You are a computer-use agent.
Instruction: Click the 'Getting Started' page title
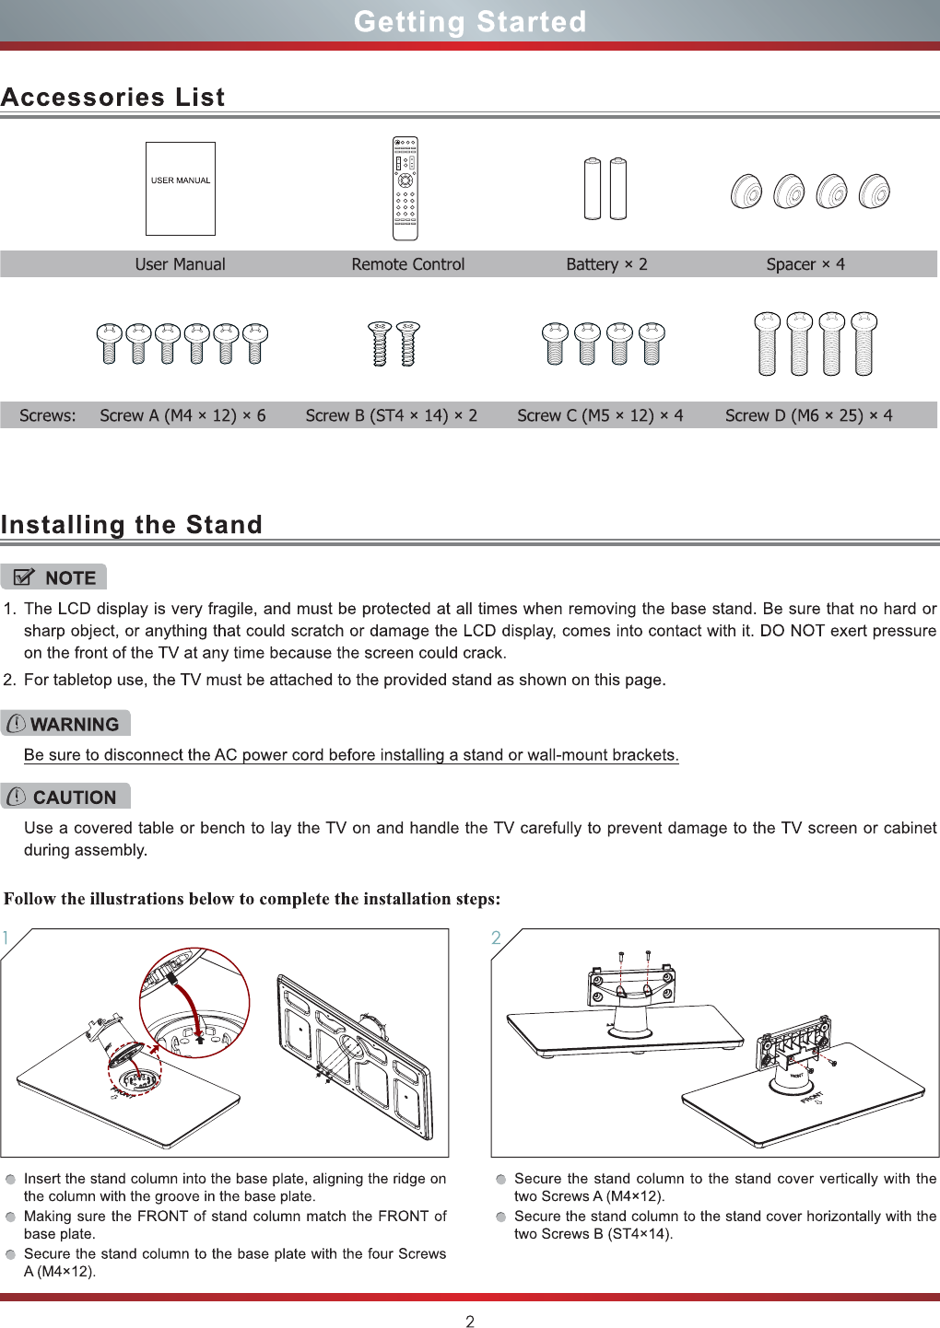470,21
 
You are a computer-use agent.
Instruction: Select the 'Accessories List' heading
113,97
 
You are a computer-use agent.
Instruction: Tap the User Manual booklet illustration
181,189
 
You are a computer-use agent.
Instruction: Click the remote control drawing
405,189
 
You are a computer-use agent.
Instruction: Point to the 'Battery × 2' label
606,264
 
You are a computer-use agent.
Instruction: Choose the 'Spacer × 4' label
805,264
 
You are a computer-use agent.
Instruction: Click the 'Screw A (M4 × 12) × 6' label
182,415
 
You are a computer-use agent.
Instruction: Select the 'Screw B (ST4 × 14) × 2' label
392,415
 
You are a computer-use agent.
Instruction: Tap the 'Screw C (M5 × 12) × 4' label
600,415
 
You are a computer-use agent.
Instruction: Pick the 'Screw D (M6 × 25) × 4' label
808,415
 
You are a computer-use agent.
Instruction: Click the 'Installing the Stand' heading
132,524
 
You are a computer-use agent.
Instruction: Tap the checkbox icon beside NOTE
25,577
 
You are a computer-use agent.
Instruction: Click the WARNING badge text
75,725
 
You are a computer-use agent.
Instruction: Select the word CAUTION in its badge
75,798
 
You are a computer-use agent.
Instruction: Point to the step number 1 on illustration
6,938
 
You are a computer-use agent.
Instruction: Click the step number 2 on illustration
496,938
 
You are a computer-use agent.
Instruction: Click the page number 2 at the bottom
470,1322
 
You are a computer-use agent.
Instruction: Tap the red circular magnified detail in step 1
194,1003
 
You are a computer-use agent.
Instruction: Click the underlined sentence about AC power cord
351,755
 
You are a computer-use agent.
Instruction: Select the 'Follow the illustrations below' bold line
253,899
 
